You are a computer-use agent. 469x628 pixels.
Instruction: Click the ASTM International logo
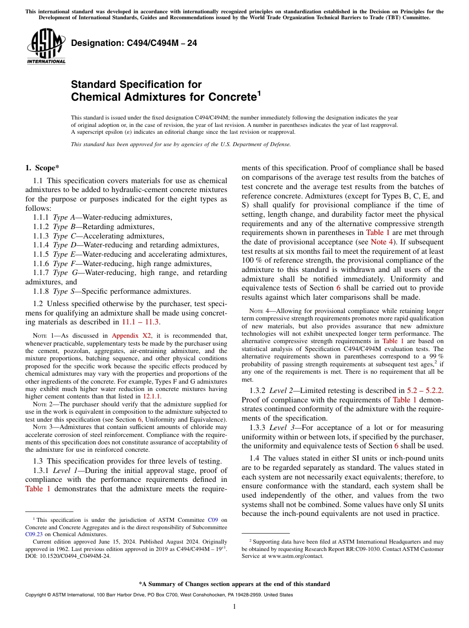pyautogui.click(x=46, y=46)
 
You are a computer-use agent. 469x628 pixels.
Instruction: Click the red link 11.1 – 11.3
pyautogui.click(x=141, y=322)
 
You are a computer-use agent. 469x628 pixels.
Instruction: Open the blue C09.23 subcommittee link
pyautogui.click(x=33, y=534)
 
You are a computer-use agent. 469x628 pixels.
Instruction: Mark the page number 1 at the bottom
pyautogui.click(x=234, y=607)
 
